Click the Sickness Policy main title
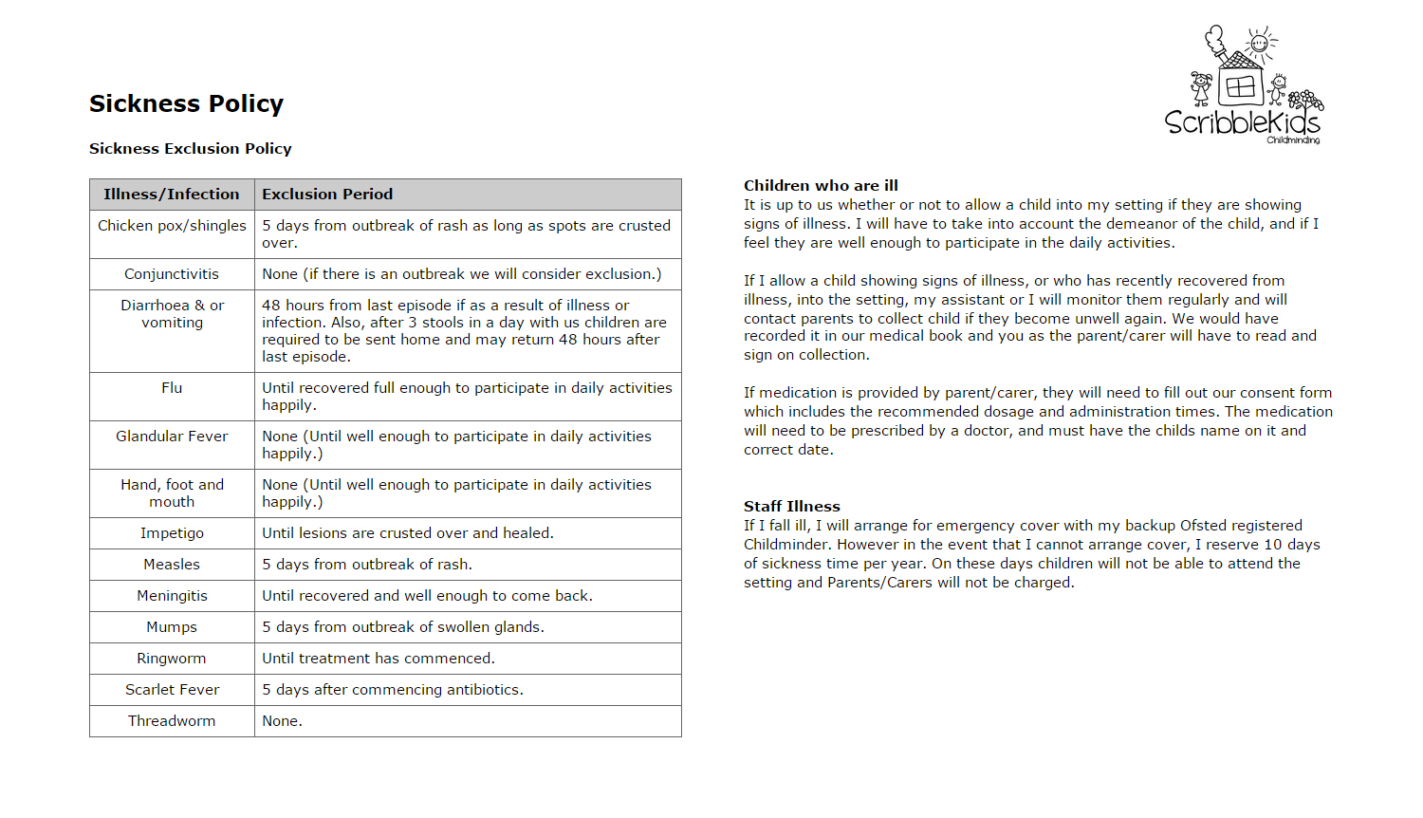(186, 103)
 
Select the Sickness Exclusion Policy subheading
(190, 148)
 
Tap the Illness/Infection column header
(172, 194)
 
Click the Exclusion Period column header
(327, 194)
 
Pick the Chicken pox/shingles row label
(172, 225)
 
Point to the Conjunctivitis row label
(172, 273)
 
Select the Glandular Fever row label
(172, 436)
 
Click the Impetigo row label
(172, 532)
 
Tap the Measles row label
(172, 564)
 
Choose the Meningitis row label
(172, 595)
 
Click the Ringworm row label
(172, 658)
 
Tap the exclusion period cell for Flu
(466, 396)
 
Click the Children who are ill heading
(821, 185)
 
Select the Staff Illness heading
(791, 506)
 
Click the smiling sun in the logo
(1260, 43)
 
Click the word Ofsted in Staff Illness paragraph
(1203, 525)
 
